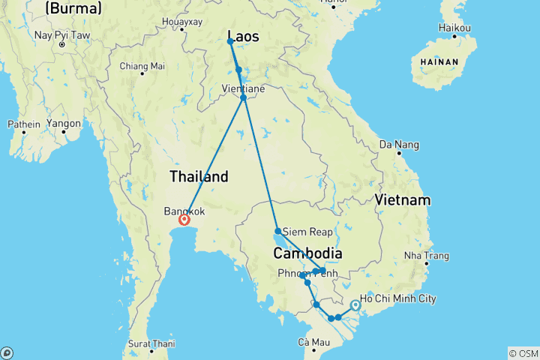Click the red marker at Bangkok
pyautogui.click(x=184, y=220)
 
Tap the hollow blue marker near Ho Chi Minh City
pyautogui.click(x=355, y=305)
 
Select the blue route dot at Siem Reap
pyautogui.click(x=278, y=231)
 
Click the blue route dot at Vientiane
pyautogui.click(x=244, y=97)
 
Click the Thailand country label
pyautogui.click(x=199, y=177)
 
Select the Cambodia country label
pyautogui.click(x=307, y=253)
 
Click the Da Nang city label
pyautogui.click(x=397, y=144)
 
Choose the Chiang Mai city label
pyautogui.click(x=142, y=66)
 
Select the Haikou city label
pyautogui.click(x=454, y=28)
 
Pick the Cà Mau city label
pyautogui.click(x=313, y=343)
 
